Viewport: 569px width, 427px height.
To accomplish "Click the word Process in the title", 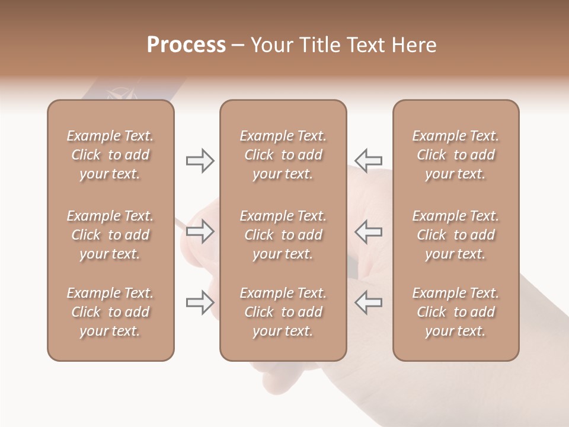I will click(x=186, y=45).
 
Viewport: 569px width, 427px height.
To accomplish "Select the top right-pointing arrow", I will click(x=200, y=161).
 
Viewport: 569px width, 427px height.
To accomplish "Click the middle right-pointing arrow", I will click(x=200, y=231).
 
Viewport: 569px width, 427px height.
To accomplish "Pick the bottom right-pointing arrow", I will click(x=200, y=303).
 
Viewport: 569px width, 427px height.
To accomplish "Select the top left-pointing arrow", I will click(x=368, y=160).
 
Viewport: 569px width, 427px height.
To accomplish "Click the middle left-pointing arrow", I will click(x=368, y=231).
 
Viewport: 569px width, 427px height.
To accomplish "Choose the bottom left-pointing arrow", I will click(x=368, y=303).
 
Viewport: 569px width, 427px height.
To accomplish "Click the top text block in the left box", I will click(x=110, y=155).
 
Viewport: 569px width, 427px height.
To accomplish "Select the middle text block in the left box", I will click(x=110, y=235).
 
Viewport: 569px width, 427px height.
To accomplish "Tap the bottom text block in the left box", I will click(x=110, y=312).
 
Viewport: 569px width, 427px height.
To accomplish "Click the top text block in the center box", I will click(x=283, y=155).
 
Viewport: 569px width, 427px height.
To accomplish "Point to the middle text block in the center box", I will click(x=283, y=235).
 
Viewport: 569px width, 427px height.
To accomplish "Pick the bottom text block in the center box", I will click(x=283, y=312).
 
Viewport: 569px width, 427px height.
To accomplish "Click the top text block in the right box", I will click(x=455, y=155).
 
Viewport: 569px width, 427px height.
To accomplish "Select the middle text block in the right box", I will click(x=455, y=235).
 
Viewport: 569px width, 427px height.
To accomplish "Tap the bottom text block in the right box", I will click(x=455, y=312).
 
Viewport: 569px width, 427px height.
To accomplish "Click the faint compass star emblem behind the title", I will click(x=120, y=94).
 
